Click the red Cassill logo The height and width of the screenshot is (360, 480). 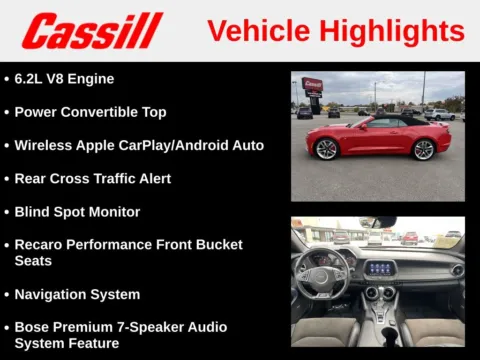[x=92, y=31]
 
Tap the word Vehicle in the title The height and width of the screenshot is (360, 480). [x=259, y=31]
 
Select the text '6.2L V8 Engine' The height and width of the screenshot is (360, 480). [x=64, y=78]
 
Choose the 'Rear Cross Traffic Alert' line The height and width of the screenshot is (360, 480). [x=92, y=178]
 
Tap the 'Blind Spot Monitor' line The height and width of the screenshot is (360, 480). [x=77, y=212]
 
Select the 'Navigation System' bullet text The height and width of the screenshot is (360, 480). [x=77, y=294]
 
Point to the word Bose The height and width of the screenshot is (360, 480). [x=34, y=327]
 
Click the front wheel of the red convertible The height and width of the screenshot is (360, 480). [x=326, y=149]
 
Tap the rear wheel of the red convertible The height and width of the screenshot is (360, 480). [x=424, y=149]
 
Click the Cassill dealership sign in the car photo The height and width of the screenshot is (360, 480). [x=312, y=86]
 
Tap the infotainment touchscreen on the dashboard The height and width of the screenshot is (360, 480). [x=381, y=268]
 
